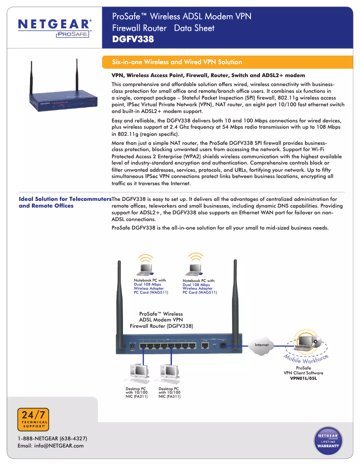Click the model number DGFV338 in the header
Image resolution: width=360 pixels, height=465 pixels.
point(133,39)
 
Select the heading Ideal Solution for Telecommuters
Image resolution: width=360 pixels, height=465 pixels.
point(65,199)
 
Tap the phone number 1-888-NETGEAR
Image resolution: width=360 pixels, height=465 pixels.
point(52,438)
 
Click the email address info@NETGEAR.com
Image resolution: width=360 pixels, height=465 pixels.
point(50,445)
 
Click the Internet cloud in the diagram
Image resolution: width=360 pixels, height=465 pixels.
point(262,345)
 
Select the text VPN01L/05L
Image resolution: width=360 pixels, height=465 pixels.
point(303,378)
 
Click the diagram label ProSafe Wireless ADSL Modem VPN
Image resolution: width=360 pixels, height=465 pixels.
point(161,320)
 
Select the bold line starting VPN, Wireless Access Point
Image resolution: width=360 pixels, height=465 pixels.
point(208,75)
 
